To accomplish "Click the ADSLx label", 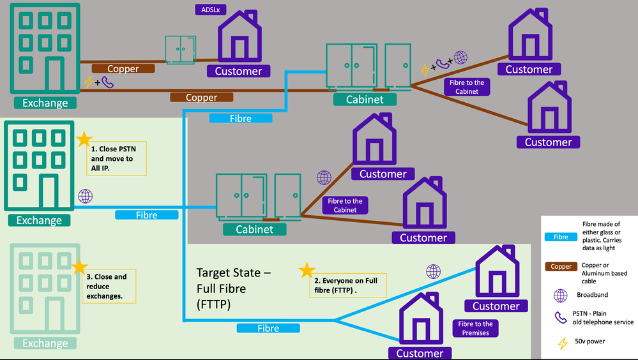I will pyautogui.click(x=206, y=10).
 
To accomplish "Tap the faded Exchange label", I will pyautogui.click(x=45, y=343).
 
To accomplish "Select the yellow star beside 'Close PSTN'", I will pyautogui.click(x=84, y=139).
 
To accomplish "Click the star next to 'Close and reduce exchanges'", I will pyautogui.click(x=79, y=267).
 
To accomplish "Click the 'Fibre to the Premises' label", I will pyautogui.click(x=475, y=328).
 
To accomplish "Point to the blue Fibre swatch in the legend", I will pyautogui.click(x=561, y=237).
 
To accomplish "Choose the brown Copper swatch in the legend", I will pyautogui.click(x=561, y=267).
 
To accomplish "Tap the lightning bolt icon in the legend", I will pyautogui.click(x=563, y=343).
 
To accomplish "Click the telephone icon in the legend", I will pyautogui.click(x=561, y=317).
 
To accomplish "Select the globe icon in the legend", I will pyautogui.click(x=561, y=296).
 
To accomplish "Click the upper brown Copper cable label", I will pyautogui.click(x=123, y=69).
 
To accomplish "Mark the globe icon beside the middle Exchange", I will pyautogui.click(x=85, y=196).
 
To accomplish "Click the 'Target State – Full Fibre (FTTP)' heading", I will pyautogui.click(x=234, y=289).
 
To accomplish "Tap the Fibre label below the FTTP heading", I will pyautogui.click(x=268, y=328).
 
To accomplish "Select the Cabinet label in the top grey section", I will pyautogui.click(x=365, y=99).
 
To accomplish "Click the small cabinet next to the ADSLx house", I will pyautogui.click(x=181, y=50).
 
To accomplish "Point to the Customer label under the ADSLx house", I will pyautogui.click(x=238, y=71).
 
